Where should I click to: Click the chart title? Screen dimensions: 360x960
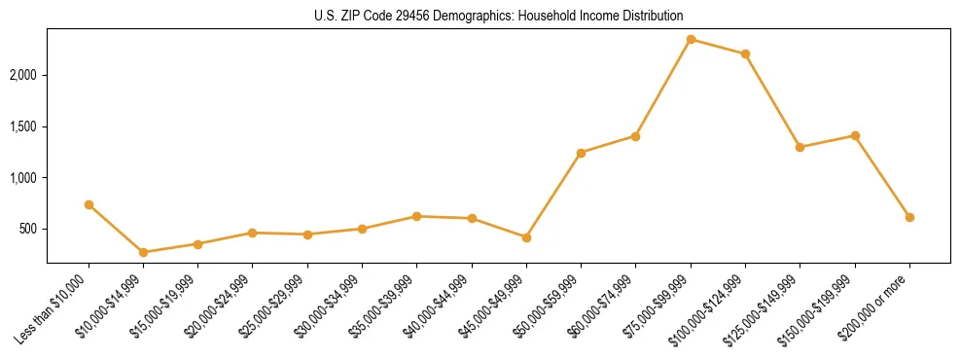coord(498,16)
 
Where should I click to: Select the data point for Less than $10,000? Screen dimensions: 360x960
coord(89,204)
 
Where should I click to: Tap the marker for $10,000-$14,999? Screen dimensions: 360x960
coord(144,252)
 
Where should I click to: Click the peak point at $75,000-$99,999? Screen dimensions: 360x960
coord(691,39)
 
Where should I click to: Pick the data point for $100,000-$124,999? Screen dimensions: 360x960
coord(745,54)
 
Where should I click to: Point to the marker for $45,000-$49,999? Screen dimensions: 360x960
coord(526,237)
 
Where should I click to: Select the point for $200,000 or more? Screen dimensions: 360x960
coord(909,217)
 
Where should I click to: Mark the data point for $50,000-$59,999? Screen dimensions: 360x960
coord(581,153)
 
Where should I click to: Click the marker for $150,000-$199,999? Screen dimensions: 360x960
coord(855,135)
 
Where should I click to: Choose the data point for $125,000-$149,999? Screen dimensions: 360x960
coord(800,147)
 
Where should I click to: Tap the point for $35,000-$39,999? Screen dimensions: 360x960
coord(416,216)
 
